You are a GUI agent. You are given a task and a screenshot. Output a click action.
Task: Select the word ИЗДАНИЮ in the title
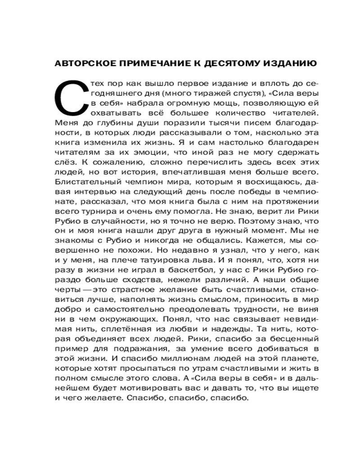point(288,63)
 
